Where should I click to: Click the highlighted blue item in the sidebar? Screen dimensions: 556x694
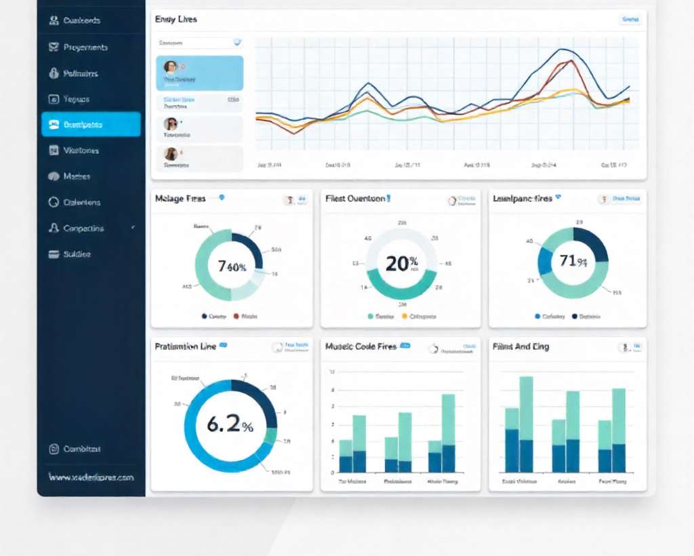coord(91,124)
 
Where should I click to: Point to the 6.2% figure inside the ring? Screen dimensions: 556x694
coord(230,425)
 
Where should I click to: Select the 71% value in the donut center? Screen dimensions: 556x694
coord(573,261)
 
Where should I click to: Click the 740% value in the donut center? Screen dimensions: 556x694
coord(232,266)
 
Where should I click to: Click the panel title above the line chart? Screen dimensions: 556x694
coord(176,20)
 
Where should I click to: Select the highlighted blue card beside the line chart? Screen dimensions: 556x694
coord(200,73)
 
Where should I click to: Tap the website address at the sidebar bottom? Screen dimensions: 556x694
coord(91,477)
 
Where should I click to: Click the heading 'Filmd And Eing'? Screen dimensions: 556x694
coord(520,346)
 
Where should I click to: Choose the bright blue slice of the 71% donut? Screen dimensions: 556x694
coord(545,261)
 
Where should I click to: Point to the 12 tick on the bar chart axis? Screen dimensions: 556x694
coord(332,372)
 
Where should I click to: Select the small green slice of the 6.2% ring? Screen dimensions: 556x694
coord(270,437)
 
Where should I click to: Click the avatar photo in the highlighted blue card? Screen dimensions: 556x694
coord(170,67)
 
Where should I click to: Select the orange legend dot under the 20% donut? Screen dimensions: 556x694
coord(405,316)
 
